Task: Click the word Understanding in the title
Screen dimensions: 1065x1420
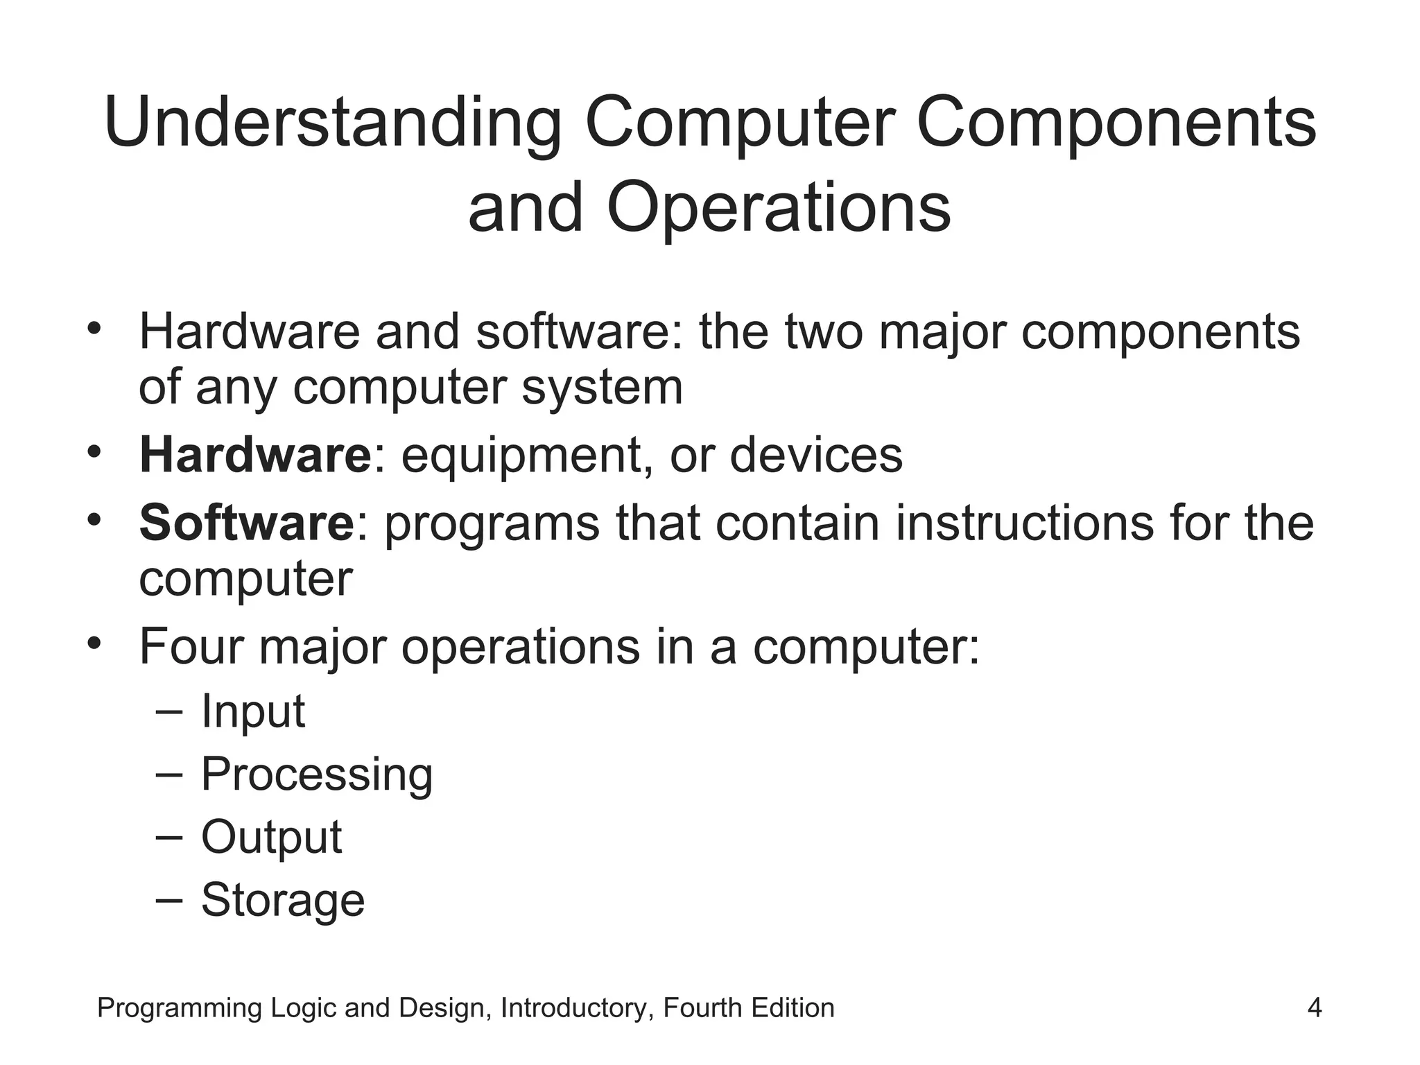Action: click(332, 123)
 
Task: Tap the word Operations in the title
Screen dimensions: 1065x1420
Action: click(779, 207)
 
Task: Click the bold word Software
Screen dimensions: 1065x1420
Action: click(247, 523)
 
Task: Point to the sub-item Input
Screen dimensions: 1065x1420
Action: click(252, 711)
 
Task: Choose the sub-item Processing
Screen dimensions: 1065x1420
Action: click(316, 774)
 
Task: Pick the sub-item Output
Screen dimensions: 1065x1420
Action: click(271, 837)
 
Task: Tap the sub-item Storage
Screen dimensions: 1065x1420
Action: click(282, 900)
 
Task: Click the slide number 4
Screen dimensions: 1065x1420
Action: click(1314, 1007)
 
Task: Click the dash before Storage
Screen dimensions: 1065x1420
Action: click(169, 899)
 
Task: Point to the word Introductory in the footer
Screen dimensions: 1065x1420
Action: click(577, 1007)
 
